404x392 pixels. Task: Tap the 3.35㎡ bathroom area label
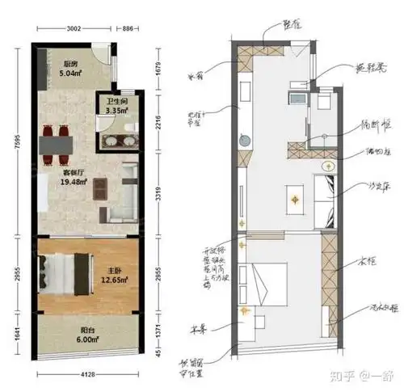click(110, 124)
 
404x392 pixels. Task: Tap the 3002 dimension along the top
click(75, 28)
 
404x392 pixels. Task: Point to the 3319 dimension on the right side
click(158, 194)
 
